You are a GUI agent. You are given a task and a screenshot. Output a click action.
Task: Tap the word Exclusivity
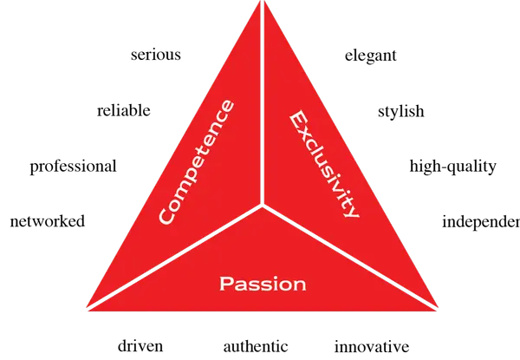pos(322,164)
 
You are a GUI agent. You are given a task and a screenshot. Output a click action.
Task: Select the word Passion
pos(263,284)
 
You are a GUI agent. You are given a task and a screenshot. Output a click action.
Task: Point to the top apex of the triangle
pos(263,3)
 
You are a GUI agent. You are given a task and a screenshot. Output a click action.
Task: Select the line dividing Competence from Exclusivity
pos(263,104)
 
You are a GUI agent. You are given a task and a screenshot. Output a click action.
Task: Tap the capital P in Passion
pos(226,284)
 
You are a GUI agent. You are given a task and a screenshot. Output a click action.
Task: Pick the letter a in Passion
pos(238,285)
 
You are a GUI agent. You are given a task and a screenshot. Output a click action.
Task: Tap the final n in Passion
pos(298,285)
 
